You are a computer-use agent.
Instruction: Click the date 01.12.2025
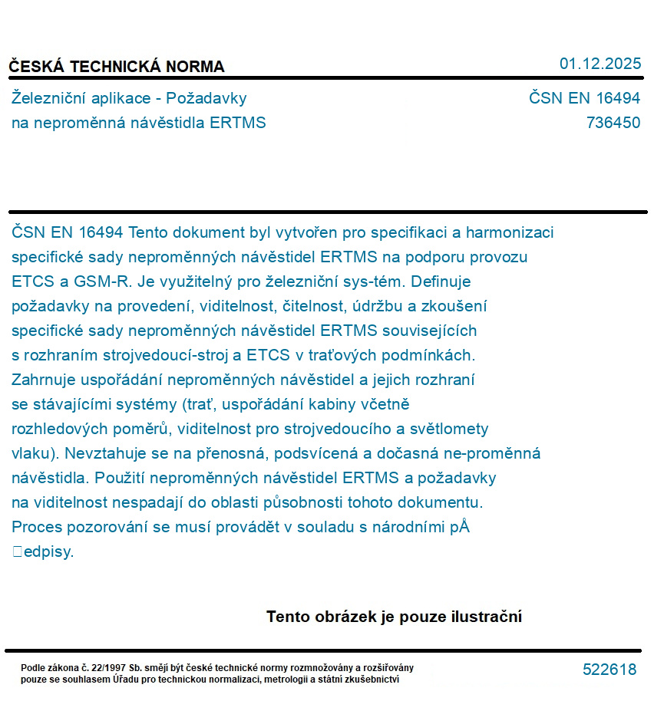point(600,64)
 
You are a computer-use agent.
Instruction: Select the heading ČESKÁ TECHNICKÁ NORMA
point(117,67)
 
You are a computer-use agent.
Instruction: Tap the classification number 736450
point(613,123)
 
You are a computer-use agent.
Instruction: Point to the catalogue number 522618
point(609,670)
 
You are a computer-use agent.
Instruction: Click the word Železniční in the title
point(48,98)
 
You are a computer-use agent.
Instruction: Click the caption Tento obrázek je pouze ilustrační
point(394,617)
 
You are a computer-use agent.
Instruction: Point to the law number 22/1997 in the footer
point(111,668)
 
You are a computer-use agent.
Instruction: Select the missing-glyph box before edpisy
point(17,551)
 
